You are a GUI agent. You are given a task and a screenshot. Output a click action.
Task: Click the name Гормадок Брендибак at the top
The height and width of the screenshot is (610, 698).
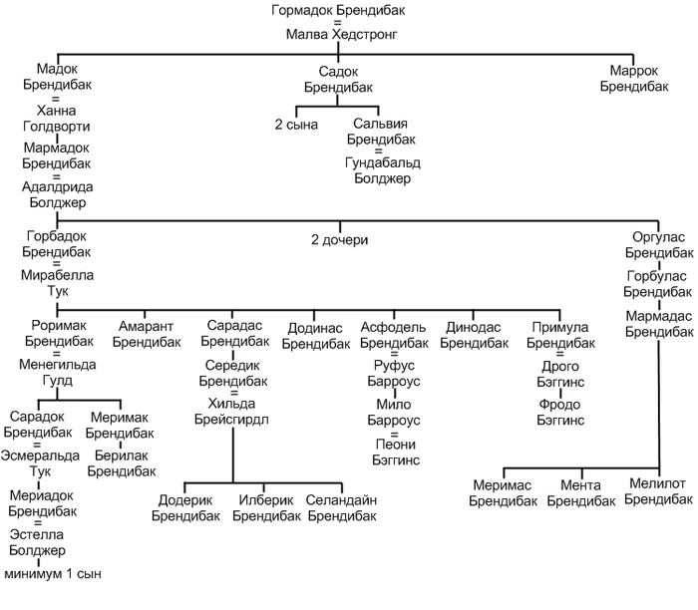(x=338, y=10)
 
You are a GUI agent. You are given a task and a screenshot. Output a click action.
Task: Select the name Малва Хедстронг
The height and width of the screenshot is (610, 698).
(x=341, y=34)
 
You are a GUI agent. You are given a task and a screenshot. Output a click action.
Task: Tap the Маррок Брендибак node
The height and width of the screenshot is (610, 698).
(x=634, y=79)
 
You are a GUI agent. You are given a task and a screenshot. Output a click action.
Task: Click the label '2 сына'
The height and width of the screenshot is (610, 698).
(x=296, y=125)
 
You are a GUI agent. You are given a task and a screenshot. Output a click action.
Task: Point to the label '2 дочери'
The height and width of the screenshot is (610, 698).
(x=340, y=240)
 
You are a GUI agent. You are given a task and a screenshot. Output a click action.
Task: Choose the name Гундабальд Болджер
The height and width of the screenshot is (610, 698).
(x=383, y=170)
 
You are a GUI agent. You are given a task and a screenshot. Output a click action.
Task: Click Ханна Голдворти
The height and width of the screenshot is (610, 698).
(x=57, y=119)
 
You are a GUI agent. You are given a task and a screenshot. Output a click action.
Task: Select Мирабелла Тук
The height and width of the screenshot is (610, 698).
(x=58, y=283)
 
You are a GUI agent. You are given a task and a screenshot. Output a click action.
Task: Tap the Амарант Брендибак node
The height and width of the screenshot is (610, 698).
(x=147, y=334)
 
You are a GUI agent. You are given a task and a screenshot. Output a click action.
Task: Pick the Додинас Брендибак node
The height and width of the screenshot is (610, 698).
(x=316, y=336)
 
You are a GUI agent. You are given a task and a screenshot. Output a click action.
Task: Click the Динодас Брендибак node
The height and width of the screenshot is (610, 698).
(x=474, y=335)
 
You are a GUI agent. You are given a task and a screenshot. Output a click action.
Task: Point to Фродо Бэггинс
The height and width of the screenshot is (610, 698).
(x=560, y=413)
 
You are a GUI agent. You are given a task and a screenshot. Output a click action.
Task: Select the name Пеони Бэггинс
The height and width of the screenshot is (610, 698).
(x=396, y=453)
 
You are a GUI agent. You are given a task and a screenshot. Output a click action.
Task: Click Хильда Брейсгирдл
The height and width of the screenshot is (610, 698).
(x=231, y=412)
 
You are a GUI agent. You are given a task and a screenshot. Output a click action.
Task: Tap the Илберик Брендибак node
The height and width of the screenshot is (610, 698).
(x=266, y=508)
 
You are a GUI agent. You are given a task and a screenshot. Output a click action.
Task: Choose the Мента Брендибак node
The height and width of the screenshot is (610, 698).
(x=581, y=493)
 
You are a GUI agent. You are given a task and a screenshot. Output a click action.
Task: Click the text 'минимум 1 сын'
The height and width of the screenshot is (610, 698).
(x=53, y=574)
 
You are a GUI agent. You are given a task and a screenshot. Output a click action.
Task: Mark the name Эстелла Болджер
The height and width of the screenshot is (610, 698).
(x=37, y=542)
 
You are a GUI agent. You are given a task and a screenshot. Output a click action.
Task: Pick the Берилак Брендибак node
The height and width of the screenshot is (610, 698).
(x=122, y=463)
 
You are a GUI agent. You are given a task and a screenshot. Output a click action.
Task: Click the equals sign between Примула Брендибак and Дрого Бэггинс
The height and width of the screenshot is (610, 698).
(x=560, y=355)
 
